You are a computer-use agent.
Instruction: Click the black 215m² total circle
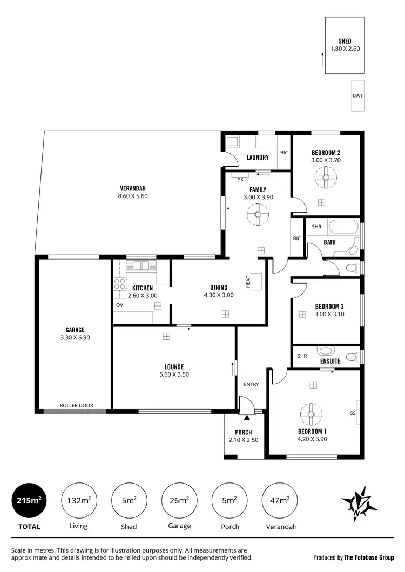point(28,500)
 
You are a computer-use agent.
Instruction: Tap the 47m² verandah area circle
point(279,500)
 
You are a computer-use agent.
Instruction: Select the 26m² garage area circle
point(179,500)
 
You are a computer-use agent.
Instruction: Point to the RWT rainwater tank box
point(357,96)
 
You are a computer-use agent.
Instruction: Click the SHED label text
point(345,41)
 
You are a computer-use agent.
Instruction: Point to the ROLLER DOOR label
point(77,405)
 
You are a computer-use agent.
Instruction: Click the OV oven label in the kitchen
point(119,305)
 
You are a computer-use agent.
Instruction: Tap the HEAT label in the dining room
point(248,281)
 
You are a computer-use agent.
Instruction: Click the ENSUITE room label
point(330,361)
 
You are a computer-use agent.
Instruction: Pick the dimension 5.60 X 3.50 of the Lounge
point(174,374)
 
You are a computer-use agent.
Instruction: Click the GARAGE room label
point(75,330)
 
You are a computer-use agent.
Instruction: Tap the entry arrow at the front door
point(247,417)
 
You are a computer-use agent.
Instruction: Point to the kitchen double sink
point(141,265)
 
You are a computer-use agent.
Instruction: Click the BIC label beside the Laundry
point(284,153)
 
